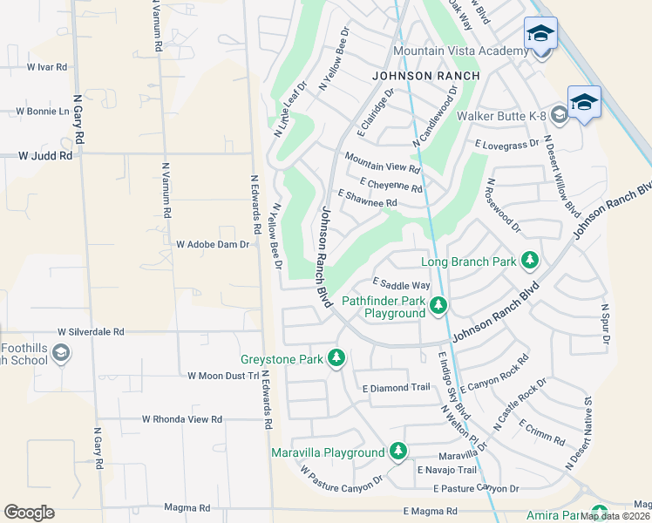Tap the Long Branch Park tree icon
point(529,260)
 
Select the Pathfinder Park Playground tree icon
point(438,305)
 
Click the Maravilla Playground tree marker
point(398,452)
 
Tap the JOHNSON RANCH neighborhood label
point(426,76)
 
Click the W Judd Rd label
point(46,156)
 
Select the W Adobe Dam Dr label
point(213,245)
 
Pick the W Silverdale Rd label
point(91,332)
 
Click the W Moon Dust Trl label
point(223,376)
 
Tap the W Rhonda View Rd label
point(183,419)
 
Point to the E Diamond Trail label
point(396,388)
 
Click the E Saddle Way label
point(401,285)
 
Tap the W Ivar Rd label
point(47,66)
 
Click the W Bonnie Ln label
point(43,112)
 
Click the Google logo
point(29,512)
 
